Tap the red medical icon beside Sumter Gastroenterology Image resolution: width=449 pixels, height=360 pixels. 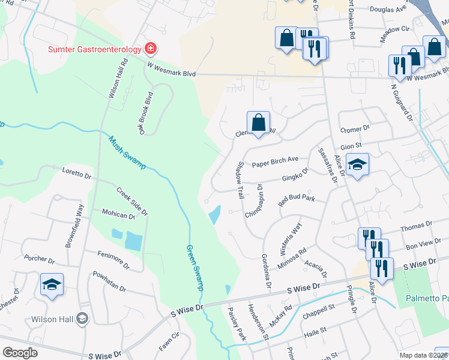pos(150,48)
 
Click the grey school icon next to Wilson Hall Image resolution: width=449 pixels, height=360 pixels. pos(82,320)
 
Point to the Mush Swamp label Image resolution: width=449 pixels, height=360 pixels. pos(127,153)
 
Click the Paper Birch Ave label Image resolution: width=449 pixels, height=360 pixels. pos(275,162)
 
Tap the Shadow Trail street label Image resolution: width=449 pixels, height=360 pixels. pos(240,180)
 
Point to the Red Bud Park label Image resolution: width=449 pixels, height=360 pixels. pos(297,200)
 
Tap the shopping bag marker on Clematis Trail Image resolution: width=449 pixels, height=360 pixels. pos(258,123)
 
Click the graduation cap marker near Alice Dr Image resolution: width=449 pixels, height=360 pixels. pos(357,165)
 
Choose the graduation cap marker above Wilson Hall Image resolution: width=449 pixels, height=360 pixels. pos(52,284)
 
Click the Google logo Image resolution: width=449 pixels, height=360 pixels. pos(20,353)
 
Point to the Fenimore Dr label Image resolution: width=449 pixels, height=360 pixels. pos(112,260)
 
